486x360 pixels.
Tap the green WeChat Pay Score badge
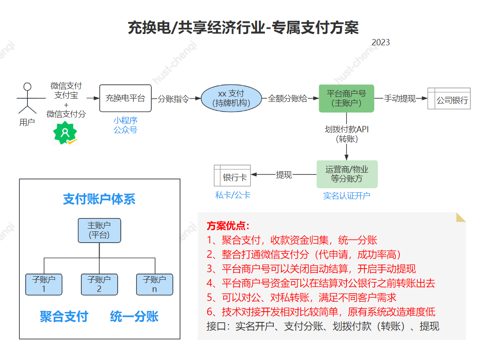tap(66, 133)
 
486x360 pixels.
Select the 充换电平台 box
tap(125, 98)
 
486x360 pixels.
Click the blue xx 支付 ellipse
tap(231, 98)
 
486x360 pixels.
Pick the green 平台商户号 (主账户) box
tap(346, 98)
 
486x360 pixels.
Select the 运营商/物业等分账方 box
tap(347, 174)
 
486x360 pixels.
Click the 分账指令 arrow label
tap(173, 99)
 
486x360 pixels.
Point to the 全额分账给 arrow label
tap(288, 99)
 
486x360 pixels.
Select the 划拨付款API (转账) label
tap(347, 134)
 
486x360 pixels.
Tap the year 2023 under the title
tap(381, 43)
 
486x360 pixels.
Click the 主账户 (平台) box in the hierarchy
tap(99, 230)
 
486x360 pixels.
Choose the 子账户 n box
tap(154, 284)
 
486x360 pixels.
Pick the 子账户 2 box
tap(99, 284)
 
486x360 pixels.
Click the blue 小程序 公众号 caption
tap(125, 125)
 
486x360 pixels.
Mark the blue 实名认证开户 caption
tap(347, 196)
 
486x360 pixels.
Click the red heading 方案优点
tap(228, 226)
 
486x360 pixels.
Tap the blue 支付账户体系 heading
tap(99, 200)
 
